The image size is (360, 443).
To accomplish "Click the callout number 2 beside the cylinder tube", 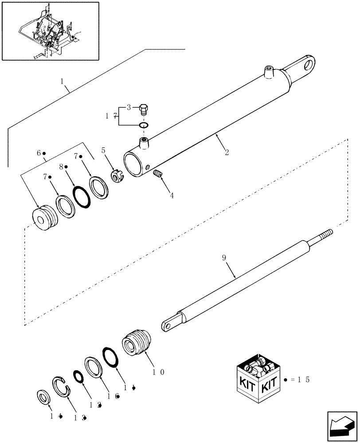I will [x=227, y=153].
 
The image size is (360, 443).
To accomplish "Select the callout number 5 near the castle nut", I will [x=104, y=150].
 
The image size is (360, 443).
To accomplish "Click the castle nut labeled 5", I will [x=116, y=177].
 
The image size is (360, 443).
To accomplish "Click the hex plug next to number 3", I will [x=144, y=108].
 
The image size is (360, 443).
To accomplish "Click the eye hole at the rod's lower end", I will [x=167, y=326].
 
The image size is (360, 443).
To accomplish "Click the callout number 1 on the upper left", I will [x=63, y=82].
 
